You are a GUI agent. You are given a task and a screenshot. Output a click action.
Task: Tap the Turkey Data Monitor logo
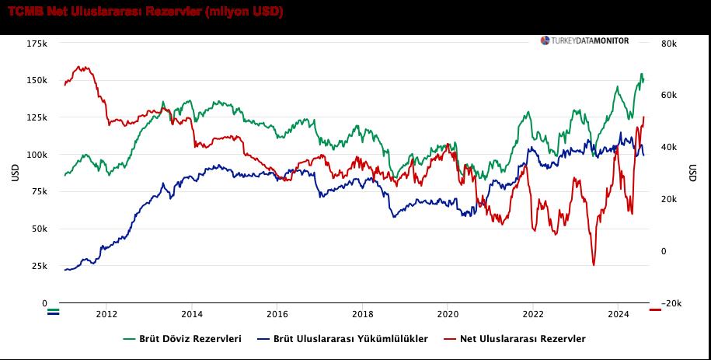coord(585,41)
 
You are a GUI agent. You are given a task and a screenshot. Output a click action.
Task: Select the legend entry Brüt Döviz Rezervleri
coord(183,339)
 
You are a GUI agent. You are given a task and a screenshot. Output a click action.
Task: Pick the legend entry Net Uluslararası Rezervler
coord(515,339)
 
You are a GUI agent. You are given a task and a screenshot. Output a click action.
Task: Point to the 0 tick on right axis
coord(664,251)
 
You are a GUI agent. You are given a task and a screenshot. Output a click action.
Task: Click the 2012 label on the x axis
coord(106,315)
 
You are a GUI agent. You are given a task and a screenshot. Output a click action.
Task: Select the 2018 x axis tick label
coord(362,315)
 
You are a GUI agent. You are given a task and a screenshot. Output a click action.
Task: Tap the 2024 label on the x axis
coord(618,315)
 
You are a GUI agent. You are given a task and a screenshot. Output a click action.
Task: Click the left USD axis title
coord(14,173)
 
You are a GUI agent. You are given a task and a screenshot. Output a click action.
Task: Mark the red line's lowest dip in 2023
coord(594,265)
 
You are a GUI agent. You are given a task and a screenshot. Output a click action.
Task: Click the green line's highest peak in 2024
coord(641,74)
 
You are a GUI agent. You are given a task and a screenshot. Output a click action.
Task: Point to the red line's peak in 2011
coord(82,67)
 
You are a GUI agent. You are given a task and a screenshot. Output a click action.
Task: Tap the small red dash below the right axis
coord(655,310)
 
